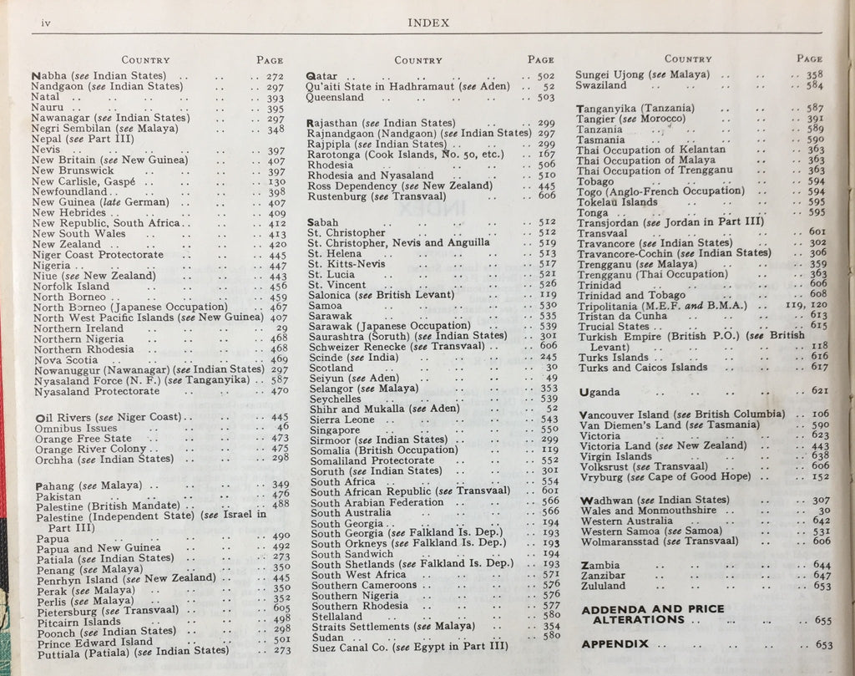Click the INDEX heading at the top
point(429,23)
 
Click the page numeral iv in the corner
point(37,23)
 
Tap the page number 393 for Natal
point(276,98)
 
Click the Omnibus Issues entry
point(77,428)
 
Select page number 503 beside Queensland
point(546,97)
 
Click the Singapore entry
point(336,429)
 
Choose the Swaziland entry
point(601,85)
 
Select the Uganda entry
point(600,392)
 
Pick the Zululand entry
point(603,586)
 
